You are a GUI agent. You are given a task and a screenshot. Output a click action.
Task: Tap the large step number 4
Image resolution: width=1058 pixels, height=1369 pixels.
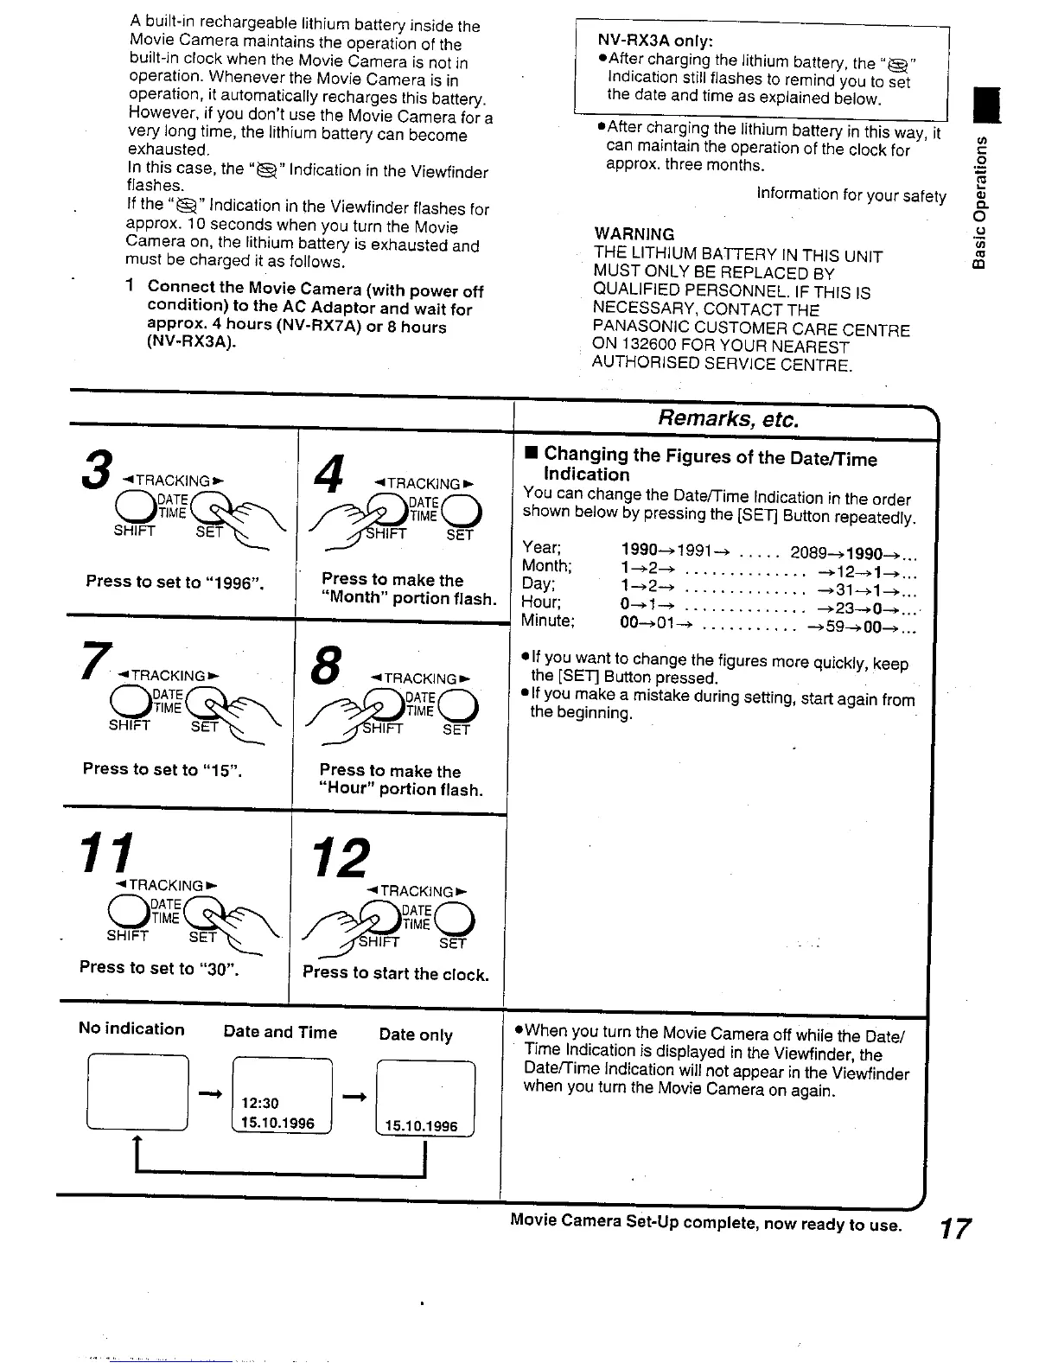click(329, 475)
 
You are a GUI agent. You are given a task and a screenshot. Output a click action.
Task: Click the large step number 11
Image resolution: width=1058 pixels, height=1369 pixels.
click(108, 854)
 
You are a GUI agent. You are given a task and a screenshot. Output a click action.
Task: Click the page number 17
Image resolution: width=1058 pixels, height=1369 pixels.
click(954, 1228)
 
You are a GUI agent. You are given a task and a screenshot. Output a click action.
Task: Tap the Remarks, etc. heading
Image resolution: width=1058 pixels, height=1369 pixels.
click(728, 419)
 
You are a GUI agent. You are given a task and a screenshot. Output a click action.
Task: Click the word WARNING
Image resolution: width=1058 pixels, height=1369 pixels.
click(634, 234)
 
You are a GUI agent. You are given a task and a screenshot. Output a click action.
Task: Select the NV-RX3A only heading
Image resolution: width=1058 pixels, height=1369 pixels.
click(654, 41)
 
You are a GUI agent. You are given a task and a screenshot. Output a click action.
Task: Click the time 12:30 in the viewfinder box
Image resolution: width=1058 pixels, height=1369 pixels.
click(260, 1103)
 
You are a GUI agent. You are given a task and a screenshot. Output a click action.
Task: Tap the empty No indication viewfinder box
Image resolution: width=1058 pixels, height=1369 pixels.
click(137, 1092)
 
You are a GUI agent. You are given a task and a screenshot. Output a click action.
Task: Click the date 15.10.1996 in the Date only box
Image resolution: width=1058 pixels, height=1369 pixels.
click(421, 1126)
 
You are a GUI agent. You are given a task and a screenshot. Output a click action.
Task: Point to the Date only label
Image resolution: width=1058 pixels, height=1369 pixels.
click(416, 1035)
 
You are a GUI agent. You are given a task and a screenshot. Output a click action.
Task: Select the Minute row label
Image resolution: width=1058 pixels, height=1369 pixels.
click(547, 621)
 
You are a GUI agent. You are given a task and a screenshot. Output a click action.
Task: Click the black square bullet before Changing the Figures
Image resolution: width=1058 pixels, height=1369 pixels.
click(531, 454)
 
